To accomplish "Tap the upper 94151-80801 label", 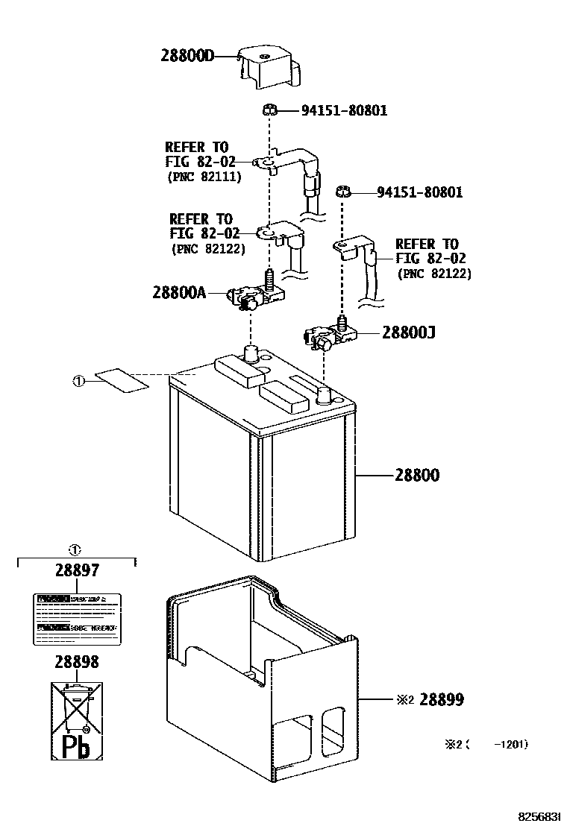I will tap(344, 111).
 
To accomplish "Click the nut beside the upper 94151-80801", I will tap(271, 110).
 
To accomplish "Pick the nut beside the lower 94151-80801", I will tap(344, 192).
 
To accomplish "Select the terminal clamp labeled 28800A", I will tap(258, 297).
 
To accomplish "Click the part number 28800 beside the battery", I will tap(413, 475).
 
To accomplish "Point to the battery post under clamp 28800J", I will tap(324, 394).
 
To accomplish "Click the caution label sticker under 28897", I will tap(77, 620).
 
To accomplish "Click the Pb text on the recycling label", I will tap(75, 746).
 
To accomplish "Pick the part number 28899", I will tap(441, 699).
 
